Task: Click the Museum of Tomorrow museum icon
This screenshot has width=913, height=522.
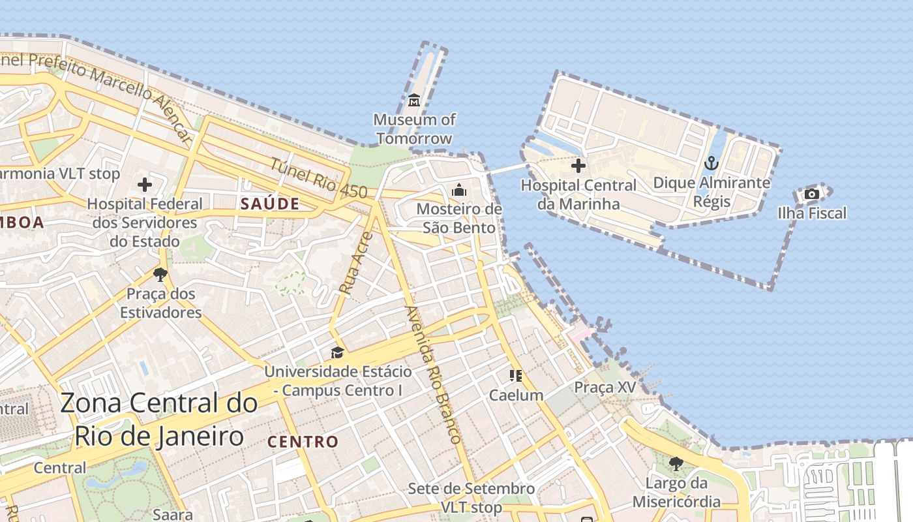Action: point(414,100)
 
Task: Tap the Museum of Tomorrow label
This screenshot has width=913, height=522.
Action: point(414,129)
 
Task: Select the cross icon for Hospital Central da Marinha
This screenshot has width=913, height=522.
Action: point(578,166)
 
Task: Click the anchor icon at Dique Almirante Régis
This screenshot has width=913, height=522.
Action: point(711,163)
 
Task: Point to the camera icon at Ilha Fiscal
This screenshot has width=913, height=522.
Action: point(812,194)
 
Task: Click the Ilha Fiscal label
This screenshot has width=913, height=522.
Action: point(812,213)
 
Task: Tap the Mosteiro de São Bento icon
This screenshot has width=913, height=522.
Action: point(459,191)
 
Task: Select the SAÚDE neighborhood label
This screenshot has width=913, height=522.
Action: point(270,204)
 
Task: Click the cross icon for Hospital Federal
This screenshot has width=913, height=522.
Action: point(145,185)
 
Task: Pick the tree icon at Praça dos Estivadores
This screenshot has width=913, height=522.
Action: point(160,274)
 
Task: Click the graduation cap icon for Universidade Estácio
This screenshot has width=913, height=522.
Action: point(337,353)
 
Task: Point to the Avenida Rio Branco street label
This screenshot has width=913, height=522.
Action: point(433,375)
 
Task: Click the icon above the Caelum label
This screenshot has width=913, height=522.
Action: point(516,376)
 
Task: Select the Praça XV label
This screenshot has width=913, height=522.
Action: point(605,388)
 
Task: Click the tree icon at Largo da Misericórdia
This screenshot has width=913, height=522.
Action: point(676,464)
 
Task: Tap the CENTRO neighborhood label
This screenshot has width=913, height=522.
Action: point(303,442)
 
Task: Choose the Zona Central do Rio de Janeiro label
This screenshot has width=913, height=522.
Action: point(159,420)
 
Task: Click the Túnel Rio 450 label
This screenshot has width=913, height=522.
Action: point(319,179)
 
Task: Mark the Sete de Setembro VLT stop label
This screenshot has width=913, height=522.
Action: point(471,498)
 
